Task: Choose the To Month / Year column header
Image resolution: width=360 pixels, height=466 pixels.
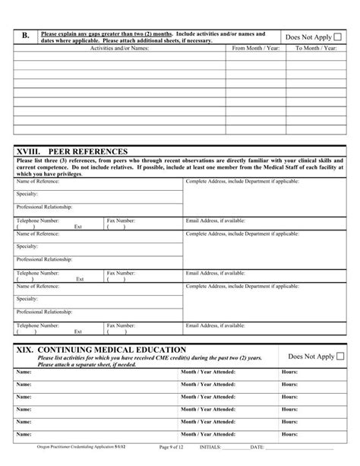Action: tap(316, 49)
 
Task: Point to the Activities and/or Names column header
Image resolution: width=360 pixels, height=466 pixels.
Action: tap(120, 49)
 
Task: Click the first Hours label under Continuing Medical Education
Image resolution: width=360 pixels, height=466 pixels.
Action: tap(289, 372)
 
